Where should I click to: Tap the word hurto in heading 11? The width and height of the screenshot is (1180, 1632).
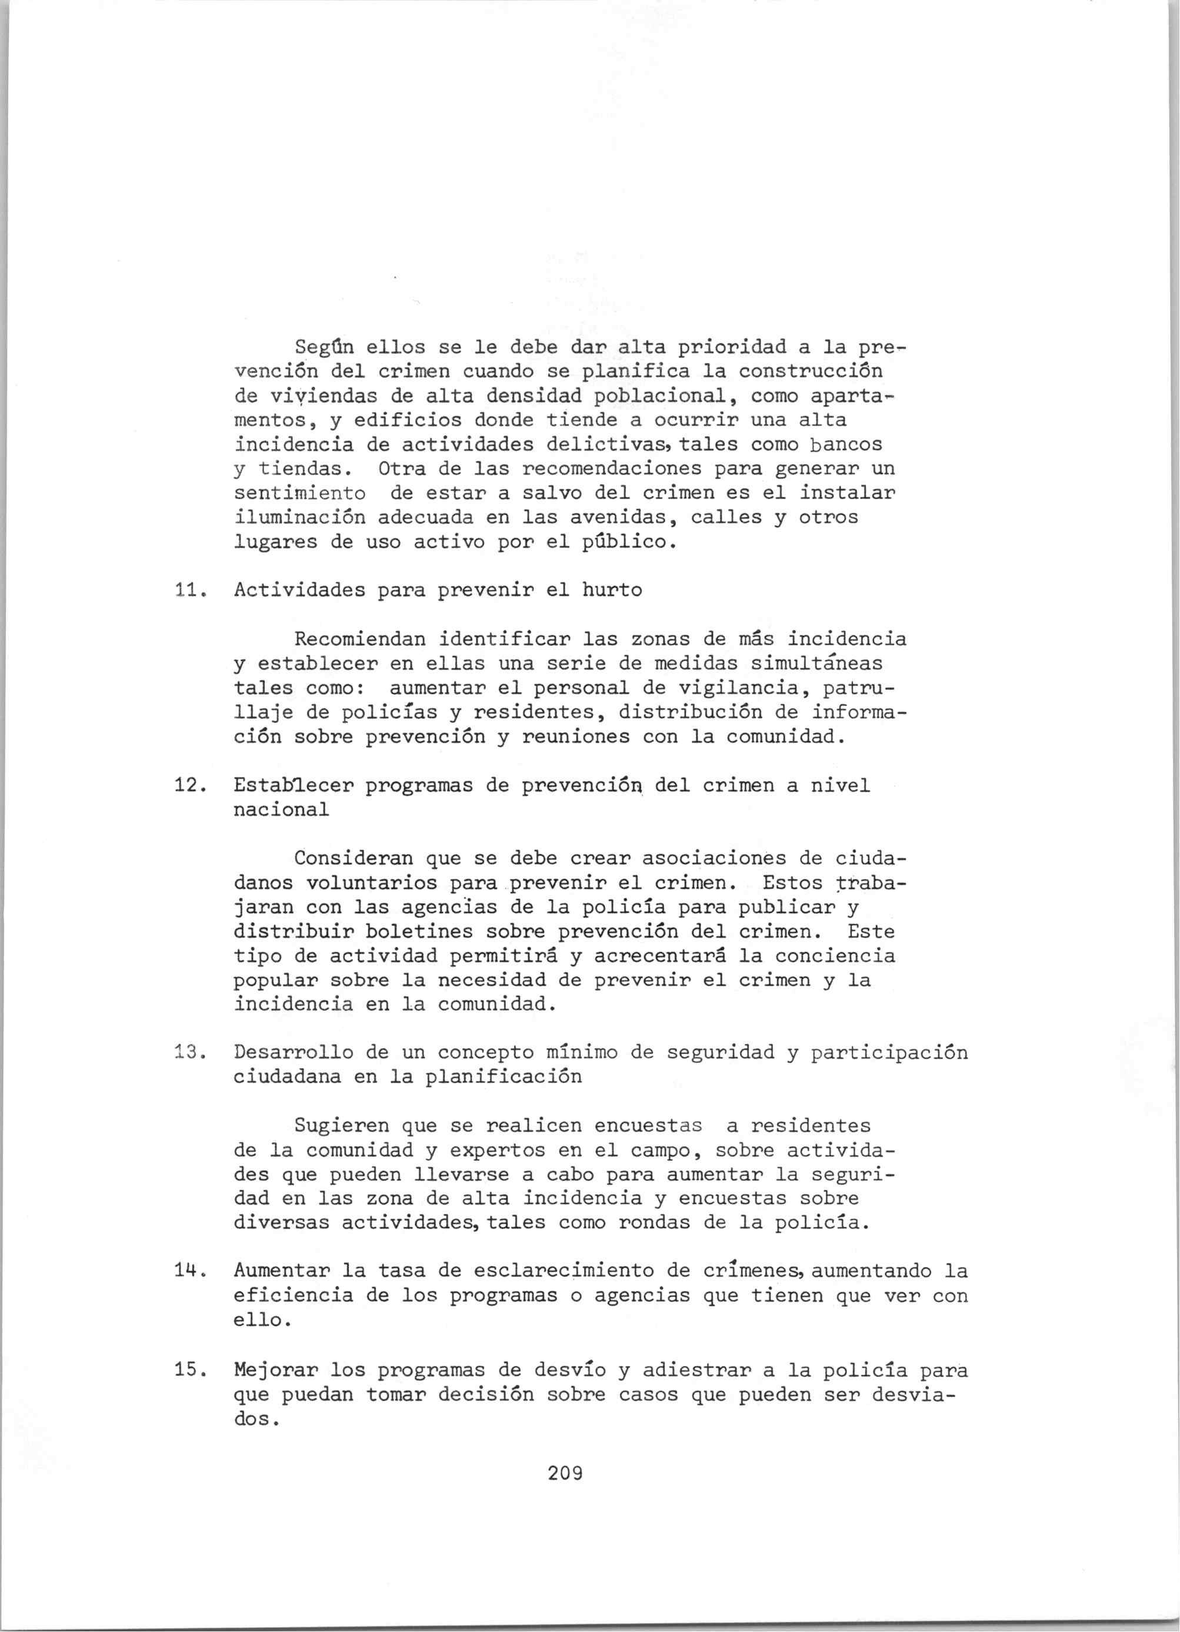click(x=612, y=591)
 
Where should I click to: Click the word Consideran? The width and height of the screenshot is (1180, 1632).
click(x=354, y=858)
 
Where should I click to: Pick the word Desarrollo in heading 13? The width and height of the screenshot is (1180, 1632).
click(x=294, y=1053)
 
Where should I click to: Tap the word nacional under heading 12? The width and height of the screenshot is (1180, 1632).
click(x=281, y=810)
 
